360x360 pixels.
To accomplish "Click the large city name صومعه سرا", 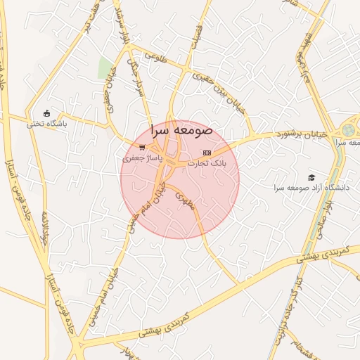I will click(181, 130).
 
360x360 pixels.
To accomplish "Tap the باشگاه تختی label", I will click(46, 124).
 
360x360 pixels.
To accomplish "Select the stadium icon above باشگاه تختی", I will click(47, 113).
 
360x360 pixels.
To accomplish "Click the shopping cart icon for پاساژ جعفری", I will click(142, 148).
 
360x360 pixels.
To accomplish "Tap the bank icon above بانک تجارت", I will click(206, 152).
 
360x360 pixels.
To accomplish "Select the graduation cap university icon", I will click(311, 177).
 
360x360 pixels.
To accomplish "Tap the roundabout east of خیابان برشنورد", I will click(348, 130).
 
